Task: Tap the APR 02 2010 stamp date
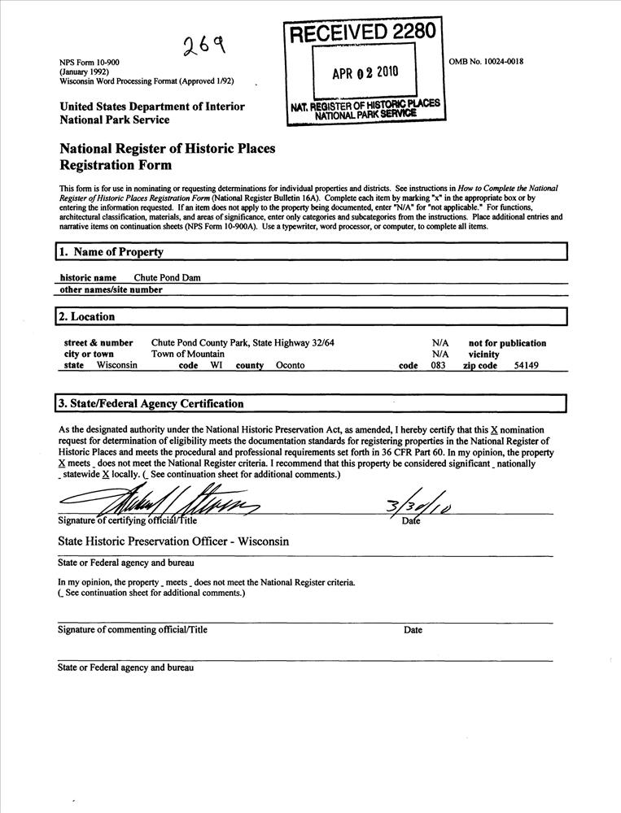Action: (365, 72)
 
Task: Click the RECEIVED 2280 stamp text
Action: (364, 33)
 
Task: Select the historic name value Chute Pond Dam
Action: (167, 277)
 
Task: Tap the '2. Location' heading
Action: (87, 317)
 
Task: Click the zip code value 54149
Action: (527, 366)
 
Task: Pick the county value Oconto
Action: (290, 366)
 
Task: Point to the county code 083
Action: (438, 366)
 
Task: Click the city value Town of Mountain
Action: (189, 354)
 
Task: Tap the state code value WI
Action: (217, 366)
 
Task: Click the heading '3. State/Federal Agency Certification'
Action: (151, 404)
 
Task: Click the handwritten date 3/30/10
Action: (419, 506)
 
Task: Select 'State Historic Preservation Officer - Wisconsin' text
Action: (174, 541)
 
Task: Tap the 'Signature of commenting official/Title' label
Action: (133, 630)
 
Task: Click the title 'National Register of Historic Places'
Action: (168, 150)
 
